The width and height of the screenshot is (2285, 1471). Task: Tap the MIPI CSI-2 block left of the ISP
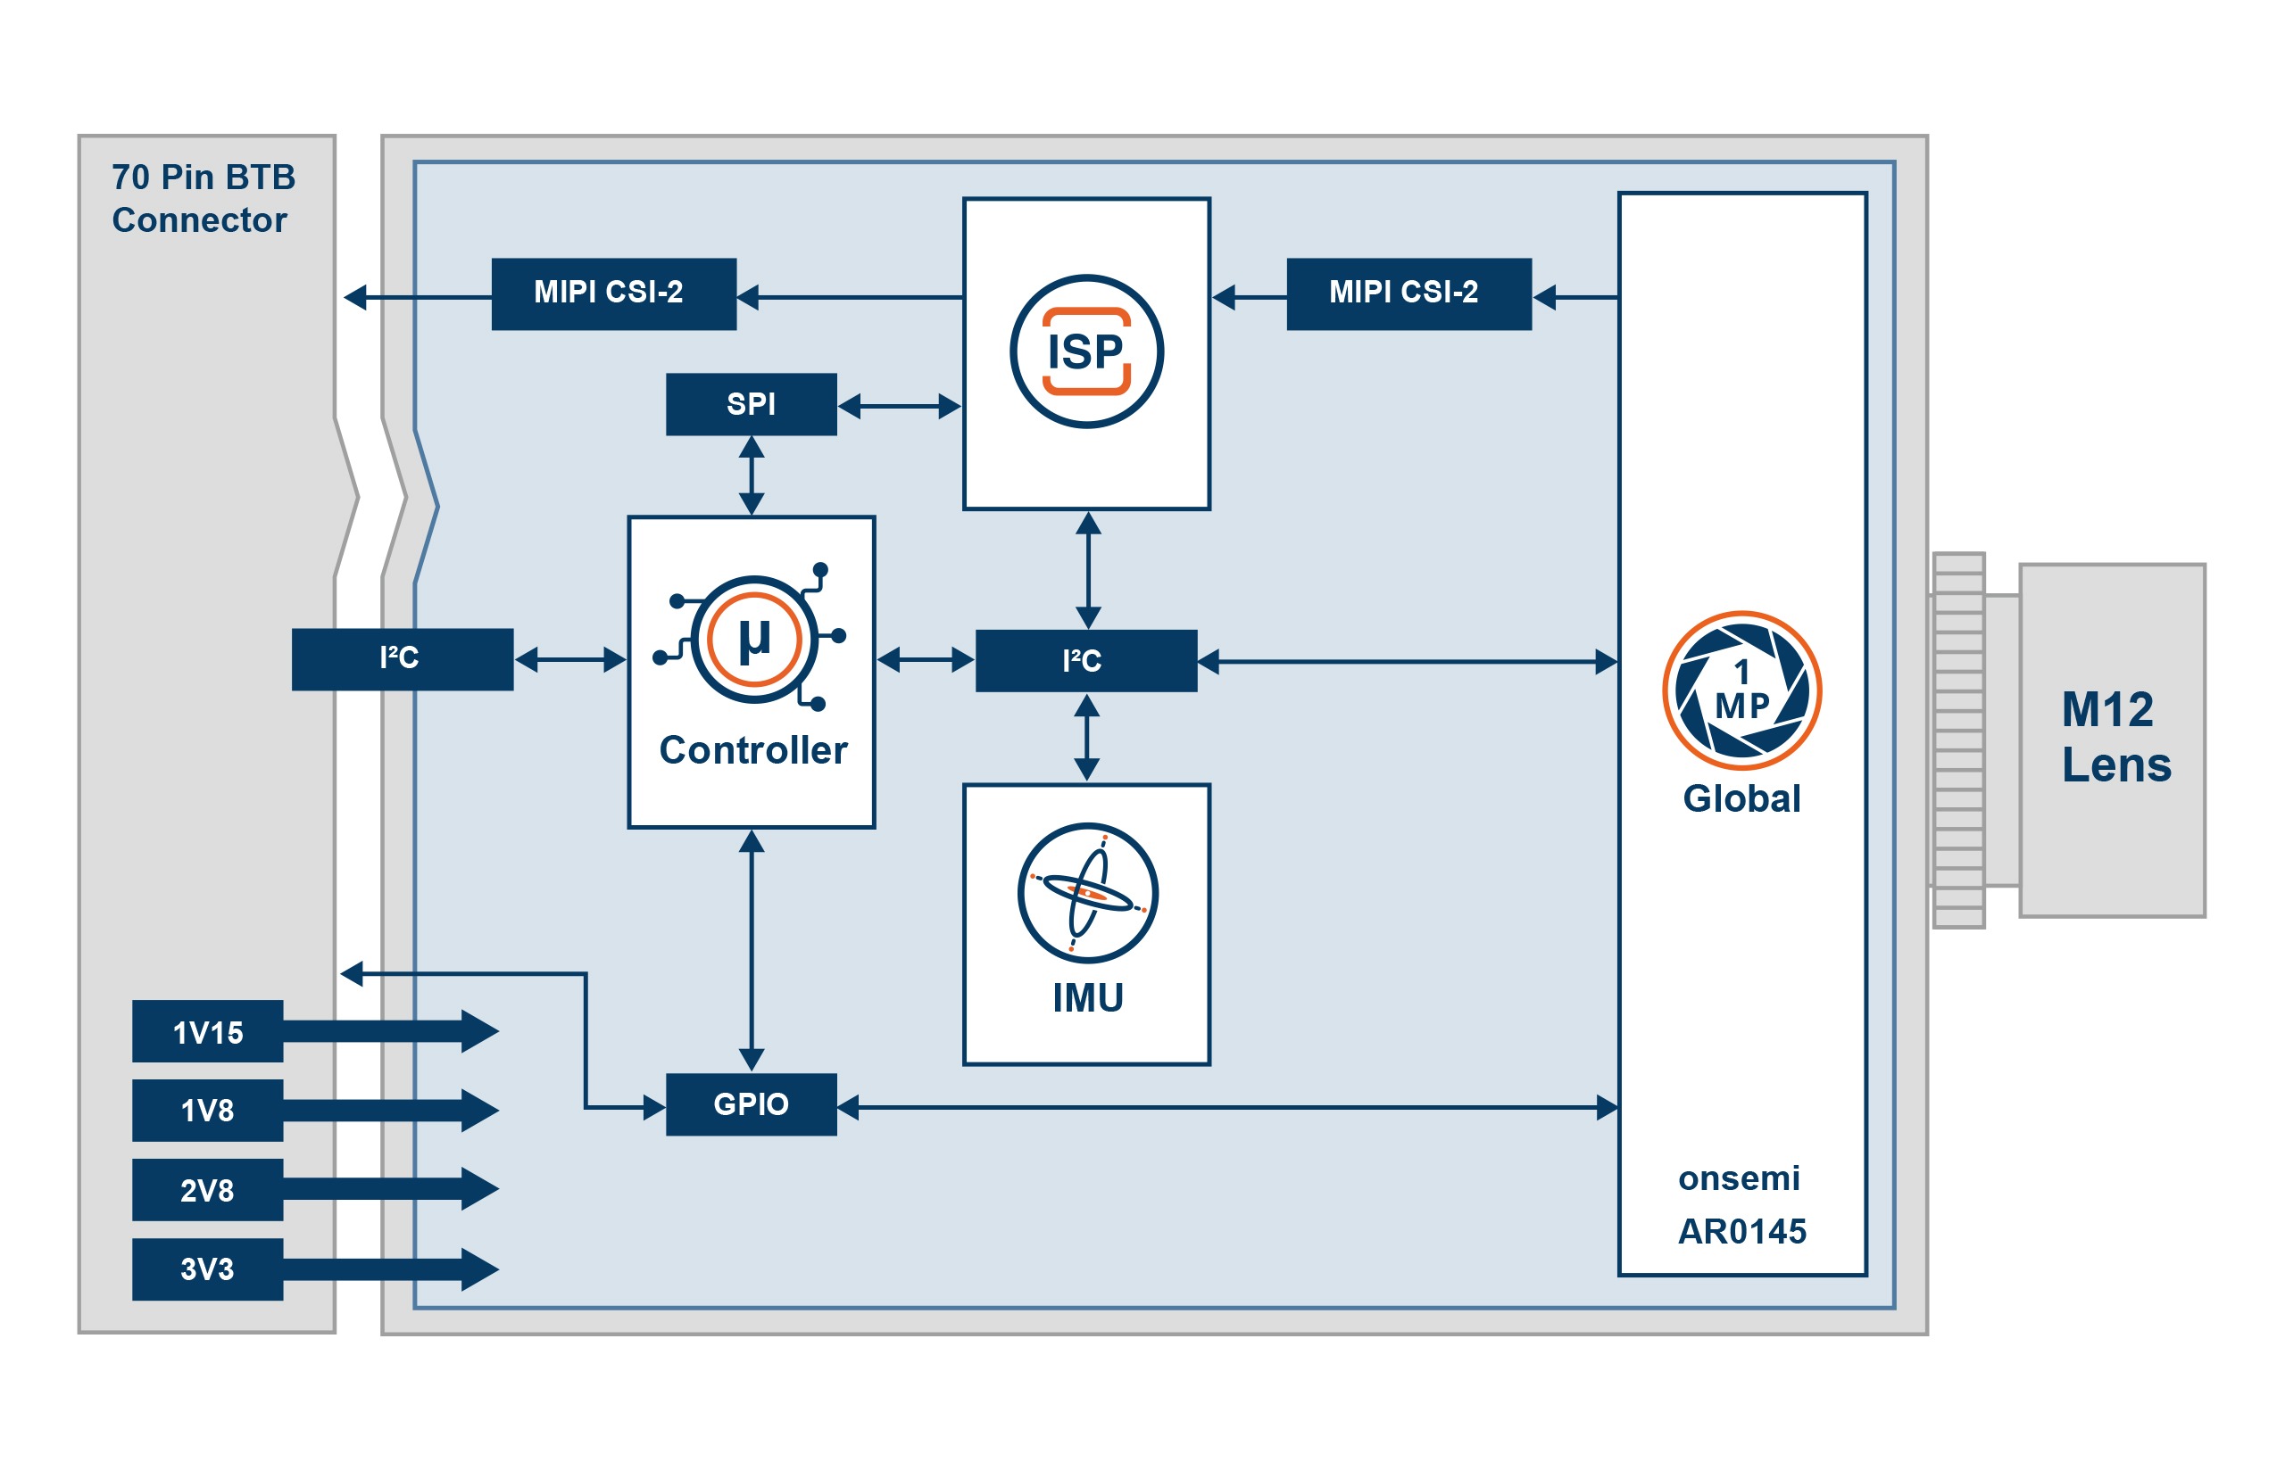coord(612,293)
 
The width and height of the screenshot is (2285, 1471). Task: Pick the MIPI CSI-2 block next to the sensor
coord(1408,293)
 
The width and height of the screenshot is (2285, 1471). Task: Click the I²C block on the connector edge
coord(402,659)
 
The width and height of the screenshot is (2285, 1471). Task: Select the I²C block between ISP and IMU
coord(1084,660)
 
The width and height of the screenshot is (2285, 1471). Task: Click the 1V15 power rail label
coord(206,1031)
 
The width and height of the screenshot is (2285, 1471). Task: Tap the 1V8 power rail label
coord(206,1110)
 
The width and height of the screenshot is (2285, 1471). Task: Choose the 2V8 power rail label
coord(206,1189)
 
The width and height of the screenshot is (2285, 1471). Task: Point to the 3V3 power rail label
coord(206,1269)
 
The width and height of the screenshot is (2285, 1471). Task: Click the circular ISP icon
coord(1085,351)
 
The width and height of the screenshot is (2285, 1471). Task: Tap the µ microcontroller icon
coord(753,639)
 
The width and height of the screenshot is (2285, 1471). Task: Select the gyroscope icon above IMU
coord(1086,892)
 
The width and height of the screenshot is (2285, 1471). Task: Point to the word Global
coord(1741,797)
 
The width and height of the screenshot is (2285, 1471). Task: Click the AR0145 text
coord(1741,1231)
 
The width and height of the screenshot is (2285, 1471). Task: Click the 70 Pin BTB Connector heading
coord(202,198)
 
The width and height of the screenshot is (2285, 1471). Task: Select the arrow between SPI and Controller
coord(752,475)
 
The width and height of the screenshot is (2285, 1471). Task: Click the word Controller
coord(752,750)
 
